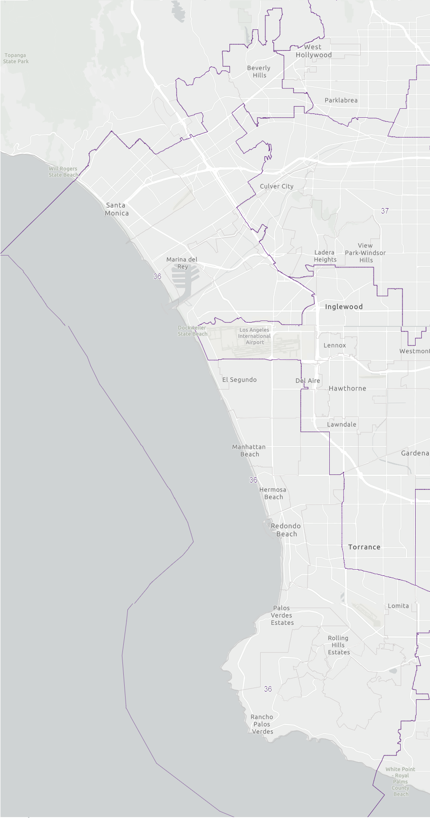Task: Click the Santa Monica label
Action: pos(117,209)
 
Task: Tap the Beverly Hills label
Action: pos(259,71)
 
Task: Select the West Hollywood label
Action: pos(313,51)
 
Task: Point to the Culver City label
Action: pos(276,186)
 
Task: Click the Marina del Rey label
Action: pos(182,263)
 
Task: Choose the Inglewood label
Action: pos(344,307)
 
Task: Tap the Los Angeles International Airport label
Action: pos(254,336)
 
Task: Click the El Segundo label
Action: pos(239,380)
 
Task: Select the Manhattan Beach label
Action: pos(249,450)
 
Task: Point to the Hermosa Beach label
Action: pos(273,493)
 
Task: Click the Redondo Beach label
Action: pos(286,530)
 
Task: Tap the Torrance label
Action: pos(364,547)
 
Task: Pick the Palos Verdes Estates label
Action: pos(282,615)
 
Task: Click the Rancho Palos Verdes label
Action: pos(262,724)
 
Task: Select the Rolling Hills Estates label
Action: pos(338,645)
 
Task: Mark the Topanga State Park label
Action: pos(16,58)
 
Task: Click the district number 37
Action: pos(385,211)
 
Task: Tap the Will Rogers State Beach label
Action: pos(63,172)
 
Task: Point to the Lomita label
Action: pos(398,606)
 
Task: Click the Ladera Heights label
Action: pos(325,256)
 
